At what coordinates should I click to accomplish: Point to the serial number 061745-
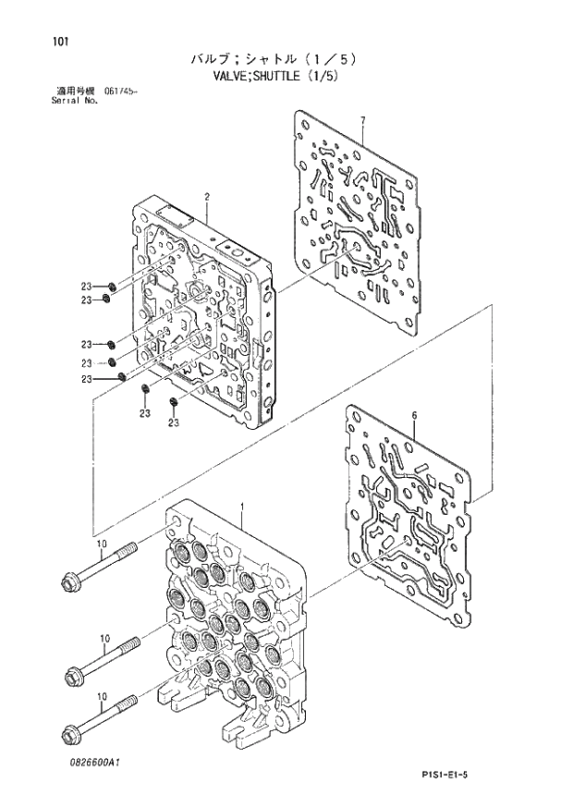coord(122,90)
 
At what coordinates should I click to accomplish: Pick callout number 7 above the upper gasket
coord(363,121)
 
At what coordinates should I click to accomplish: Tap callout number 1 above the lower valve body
coord(241,507)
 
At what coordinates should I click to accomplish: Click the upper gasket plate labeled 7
coord(361,222)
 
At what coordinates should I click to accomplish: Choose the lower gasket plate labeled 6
coord(407,518)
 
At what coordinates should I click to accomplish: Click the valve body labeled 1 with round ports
coord(231,629)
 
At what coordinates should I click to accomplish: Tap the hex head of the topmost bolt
coord(69,581)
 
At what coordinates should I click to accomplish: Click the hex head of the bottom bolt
coord(69,736)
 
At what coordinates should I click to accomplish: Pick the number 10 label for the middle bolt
coord(104,639)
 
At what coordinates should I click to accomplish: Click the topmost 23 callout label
coord(85,284)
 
